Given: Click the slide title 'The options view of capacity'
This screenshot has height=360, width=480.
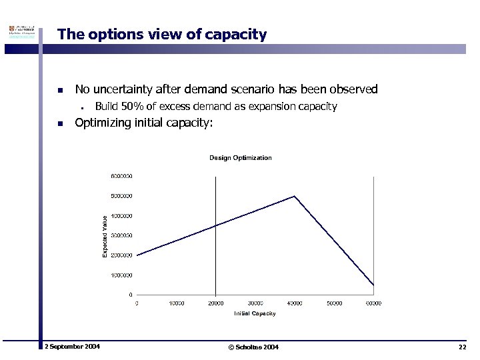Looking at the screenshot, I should tap(162, 35).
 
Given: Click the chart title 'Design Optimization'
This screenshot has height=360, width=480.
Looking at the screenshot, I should tap(241, 158).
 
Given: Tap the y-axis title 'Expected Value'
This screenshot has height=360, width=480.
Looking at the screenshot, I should tap(105, 235).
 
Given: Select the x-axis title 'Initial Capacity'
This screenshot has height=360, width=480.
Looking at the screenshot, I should tap(255, 313).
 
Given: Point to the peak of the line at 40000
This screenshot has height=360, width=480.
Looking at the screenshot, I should tap(295, 196).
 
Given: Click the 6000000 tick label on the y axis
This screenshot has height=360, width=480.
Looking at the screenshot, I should tap(121, 176).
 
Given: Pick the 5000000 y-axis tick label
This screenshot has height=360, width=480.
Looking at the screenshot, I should tap(121, 196).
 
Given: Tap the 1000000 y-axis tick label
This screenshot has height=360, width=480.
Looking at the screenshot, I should tap(121, 275).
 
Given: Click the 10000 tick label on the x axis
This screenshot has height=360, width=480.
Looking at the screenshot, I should tap(176, 303).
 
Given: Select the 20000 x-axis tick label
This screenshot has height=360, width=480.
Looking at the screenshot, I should tap(215, 303).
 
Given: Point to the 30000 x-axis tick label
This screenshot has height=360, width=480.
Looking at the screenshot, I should tap(255, 303).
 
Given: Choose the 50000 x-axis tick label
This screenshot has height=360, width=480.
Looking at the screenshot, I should tap(334, 303).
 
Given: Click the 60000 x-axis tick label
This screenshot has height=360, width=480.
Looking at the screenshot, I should tap(373, 303).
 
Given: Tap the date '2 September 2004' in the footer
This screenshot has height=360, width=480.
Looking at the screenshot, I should tap(72, 347).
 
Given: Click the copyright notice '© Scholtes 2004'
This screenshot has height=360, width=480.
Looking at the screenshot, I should tap(253, 347).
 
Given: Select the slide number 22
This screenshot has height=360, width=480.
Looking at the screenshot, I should tap(462, 347).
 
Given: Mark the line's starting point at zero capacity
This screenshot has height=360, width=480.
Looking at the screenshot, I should tap(137, 255).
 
